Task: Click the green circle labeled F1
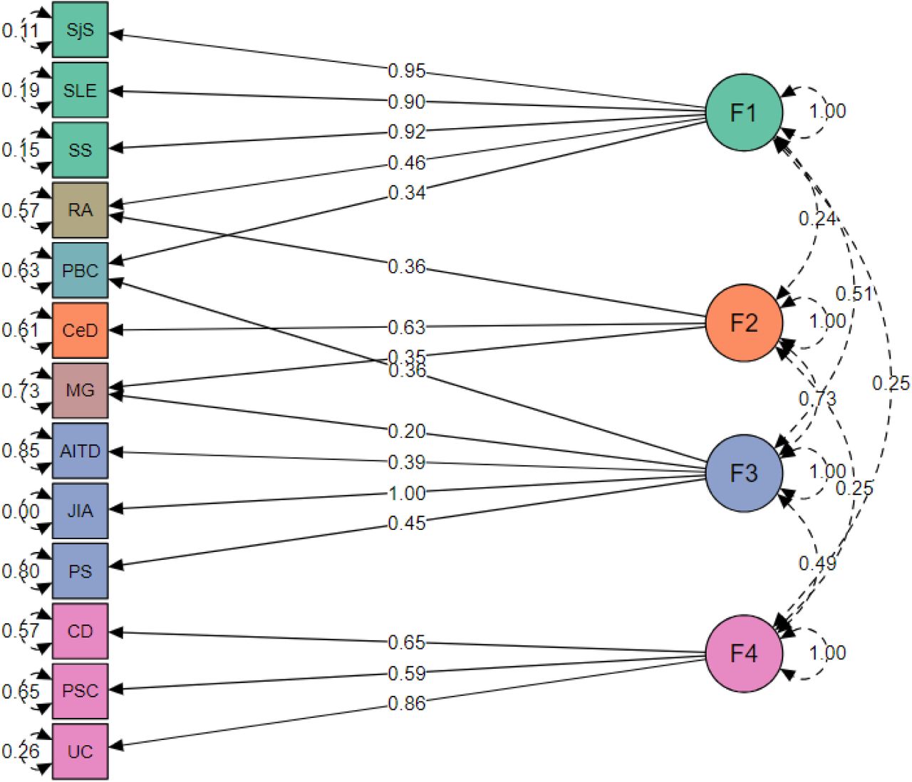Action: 744,112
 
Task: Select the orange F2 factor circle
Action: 744,323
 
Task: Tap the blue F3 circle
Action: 744,473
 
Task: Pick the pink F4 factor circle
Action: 744,653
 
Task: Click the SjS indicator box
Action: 80,29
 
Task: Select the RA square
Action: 80,210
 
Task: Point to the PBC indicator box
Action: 80,270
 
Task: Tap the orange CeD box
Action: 80,330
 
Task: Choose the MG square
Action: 80,390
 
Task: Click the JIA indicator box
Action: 80,511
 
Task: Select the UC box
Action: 80,751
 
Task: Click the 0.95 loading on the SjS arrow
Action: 406,71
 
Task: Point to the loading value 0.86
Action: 406,704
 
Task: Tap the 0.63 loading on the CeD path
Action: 406,328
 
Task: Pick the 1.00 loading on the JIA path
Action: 406,493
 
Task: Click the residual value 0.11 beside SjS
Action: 20,31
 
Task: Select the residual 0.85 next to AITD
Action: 20,451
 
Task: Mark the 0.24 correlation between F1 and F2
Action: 817,219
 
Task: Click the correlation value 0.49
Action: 817,563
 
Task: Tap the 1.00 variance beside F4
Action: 827,653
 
